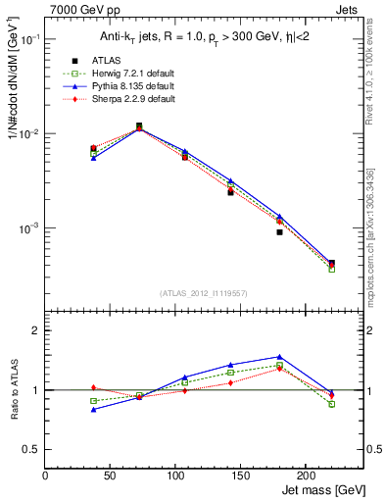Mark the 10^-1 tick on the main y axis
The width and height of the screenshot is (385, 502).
point(29,39)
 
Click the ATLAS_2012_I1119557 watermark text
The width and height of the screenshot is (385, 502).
point(204,292)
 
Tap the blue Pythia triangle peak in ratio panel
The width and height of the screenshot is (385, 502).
point(279,357)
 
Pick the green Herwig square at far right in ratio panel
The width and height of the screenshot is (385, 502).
point(331,404)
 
